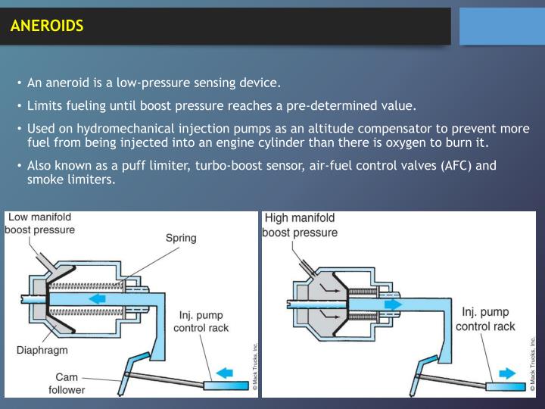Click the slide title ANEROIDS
tap(47, 27)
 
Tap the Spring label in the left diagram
tap(181, 238)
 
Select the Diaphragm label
tap(42, 350)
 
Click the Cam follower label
tap(66, 383)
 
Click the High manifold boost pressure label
tap(300, 225)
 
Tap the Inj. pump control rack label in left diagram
tap(201, 321)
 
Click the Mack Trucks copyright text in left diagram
tap(255, 367)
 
